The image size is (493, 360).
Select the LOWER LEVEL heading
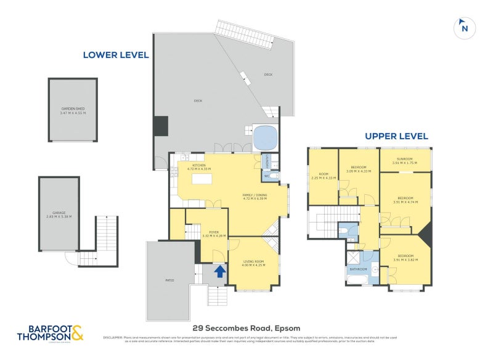(116, 55)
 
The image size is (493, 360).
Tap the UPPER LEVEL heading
(396, 136)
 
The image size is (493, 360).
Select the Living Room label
(253, 263)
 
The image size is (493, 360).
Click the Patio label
(169, 280)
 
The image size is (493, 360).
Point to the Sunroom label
(405, 162)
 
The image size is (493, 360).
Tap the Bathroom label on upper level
(359, 269)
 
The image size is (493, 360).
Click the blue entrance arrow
(219, 270)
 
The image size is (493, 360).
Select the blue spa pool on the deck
(266, 136)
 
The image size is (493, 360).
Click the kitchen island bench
(202, 179)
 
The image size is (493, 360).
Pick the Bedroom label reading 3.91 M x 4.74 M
(405, 200)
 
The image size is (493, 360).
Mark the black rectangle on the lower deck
(161, 126)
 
